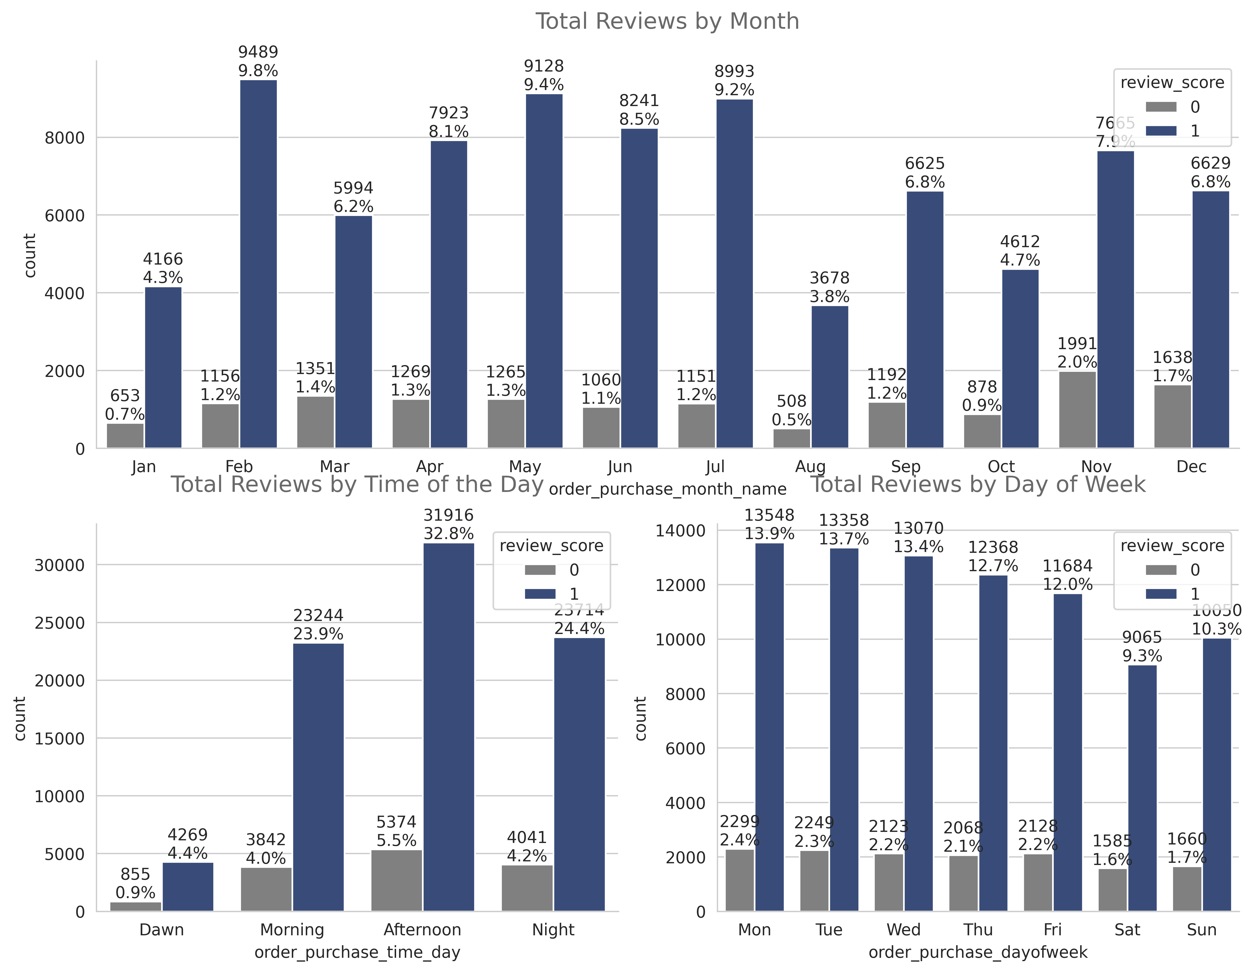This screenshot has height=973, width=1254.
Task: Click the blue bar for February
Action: (258, 264)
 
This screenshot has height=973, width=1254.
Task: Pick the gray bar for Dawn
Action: (135, 906)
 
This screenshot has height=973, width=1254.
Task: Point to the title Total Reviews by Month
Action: (667, 21)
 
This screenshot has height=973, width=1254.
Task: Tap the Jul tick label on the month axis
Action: (715, 466)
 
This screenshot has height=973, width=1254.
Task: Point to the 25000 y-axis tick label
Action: (59, 623)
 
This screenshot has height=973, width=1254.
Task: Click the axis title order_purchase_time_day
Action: (357, 952)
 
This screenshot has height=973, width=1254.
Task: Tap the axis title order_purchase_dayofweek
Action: (978, 952)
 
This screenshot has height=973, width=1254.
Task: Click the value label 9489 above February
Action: (258, 52)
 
